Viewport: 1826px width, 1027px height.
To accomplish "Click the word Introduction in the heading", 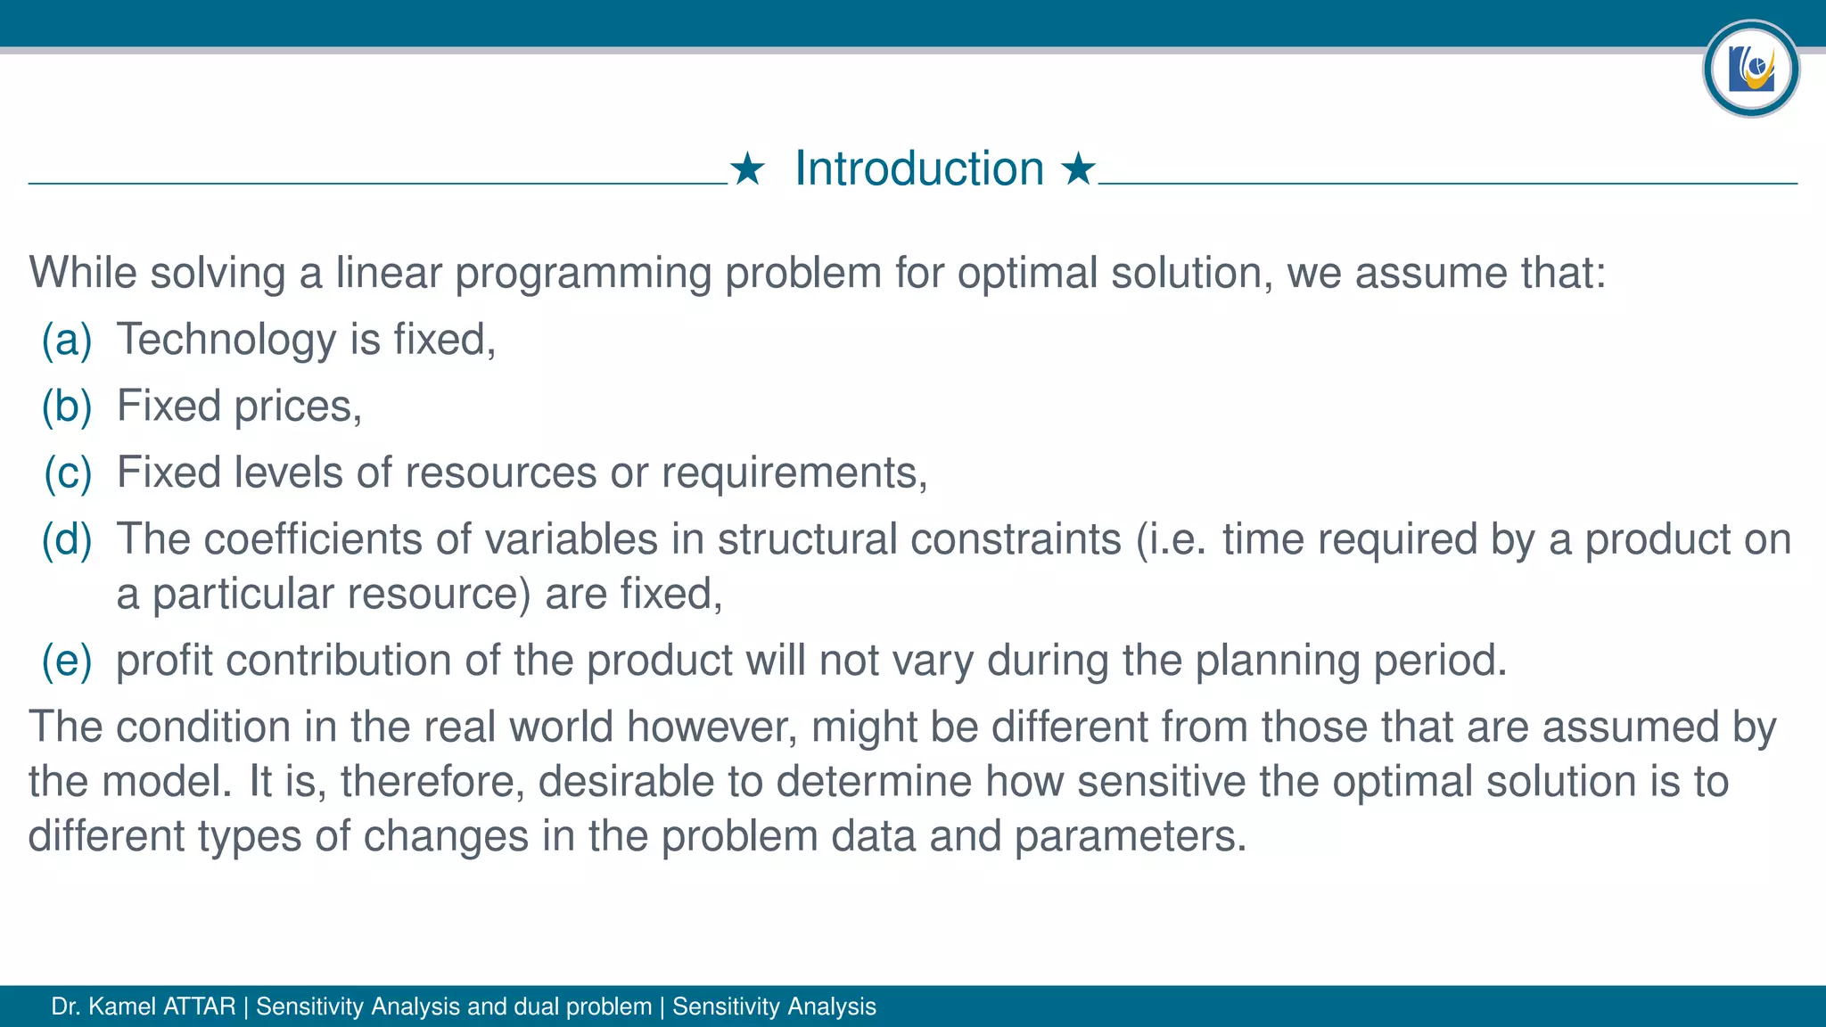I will (x=918, y=168).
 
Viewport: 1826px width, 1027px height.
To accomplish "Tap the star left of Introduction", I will (x=747, y=168).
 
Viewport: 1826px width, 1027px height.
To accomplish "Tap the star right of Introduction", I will (x=1078, y=168).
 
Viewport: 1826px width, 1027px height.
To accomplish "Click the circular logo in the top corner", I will (x=1750, y=69).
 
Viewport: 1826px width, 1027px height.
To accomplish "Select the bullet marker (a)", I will (x=67, y=340).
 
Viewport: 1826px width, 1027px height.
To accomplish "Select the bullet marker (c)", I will (x=67, y=472).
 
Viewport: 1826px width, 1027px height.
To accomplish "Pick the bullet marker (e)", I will (x=67, y=661).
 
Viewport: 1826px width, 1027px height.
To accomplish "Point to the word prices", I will (x=298, y=407).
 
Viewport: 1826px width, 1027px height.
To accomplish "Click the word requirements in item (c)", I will (x=794, y=472).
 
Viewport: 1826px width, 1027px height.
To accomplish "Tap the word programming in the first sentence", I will (x=583, y=273).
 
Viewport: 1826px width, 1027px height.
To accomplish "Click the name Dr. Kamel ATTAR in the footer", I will (x=144, y=1006).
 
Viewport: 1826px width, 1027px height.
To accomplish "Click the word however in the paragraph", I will (x=711, y=727).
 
